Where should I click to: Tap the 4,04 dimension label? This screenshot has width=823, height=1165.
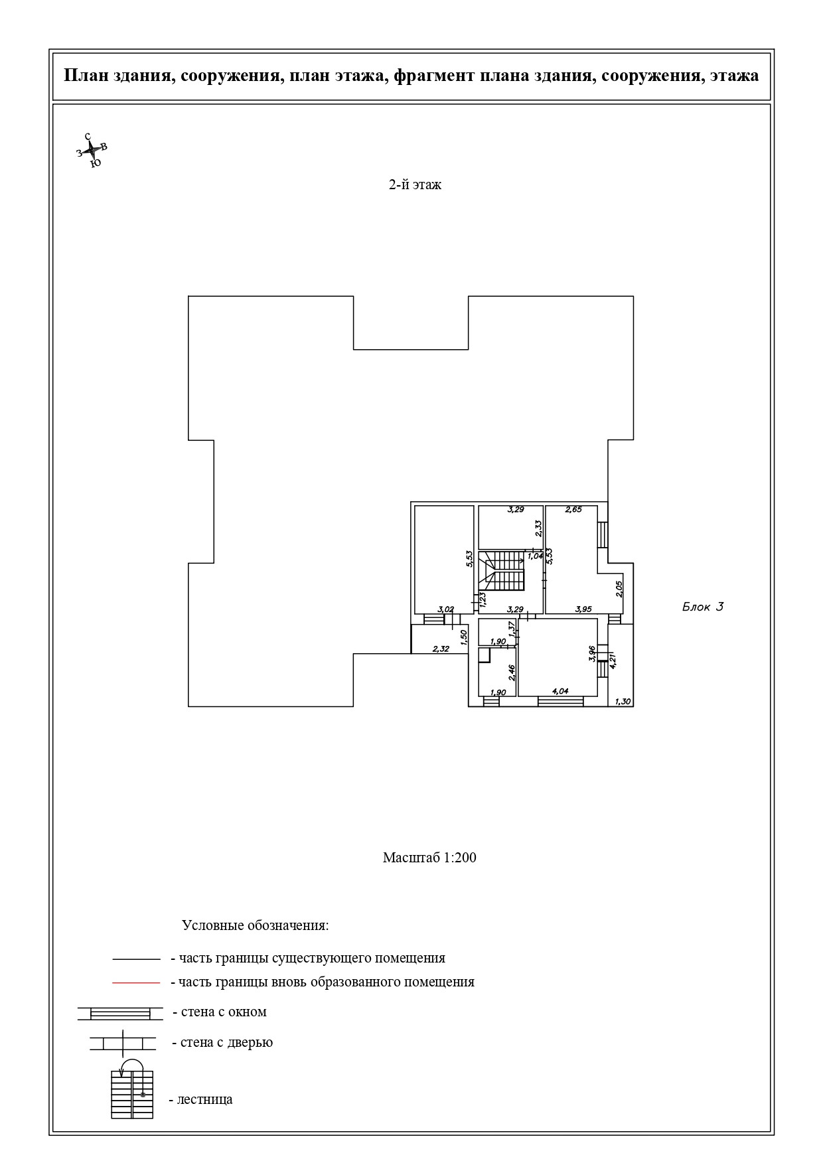click(x=560, y=691)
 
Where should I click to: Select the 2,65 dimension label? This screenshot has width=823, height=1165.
click(x=573, y=510)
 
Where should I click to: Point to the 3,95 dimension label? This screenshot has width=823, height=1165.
click(x=583, y=609)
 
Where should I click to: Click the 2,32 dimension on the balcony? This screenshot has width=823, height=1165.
click(x=441, y=649)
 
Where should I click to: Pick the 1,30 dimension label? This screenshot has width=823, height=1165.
click(x=623, y=702)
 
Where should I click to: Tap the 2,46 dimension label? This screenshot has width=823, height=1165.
click(x=512, y=673)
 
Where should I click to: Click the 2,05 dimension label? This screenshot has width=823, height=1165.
click(x=619, y=589)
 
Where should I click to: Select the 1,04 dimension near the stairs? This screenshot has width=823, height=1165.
click(x=535, y=556)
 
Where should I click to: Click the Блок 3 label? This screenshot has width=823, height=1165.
click(x=702, y=607)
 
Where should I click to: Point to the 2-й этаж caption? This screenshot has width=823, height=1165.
click(x=415, y=185)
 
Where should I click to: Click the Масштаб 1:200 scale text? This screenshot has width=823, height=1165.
click(x=429, y=858)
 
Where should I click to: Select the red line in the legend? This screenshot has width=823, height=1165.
click(x=136, y=982)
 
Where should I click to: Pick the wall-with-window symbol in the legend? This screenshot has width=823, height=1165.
click(x=120, y=1013)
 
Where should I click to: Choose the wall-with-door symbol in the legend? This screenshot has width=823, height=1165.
click(x=123, y=1042)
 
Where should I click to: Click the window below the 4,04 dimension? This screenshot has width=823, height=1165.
click(x=561, y=701)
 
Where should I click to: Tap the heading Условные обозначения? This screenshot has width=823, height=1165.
click(x=255, y=925)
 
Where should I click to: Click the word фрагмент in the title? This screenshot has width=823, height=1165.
click(x=432, y=76)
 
